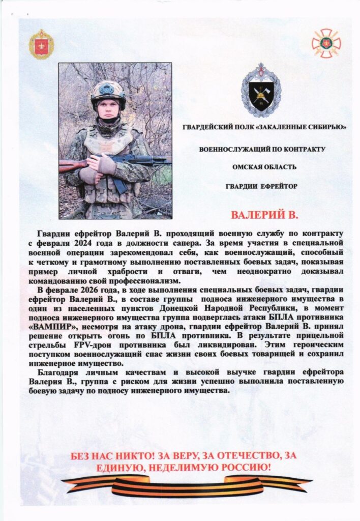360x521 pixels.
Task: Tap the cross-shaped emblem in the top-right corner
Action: (x=326, y=43)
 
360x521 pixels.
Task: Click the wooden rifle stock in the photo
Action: (x=71, y=165)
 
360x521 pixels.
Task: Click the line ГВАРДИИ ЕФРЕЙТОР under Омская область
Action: (x=262, y=186)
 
